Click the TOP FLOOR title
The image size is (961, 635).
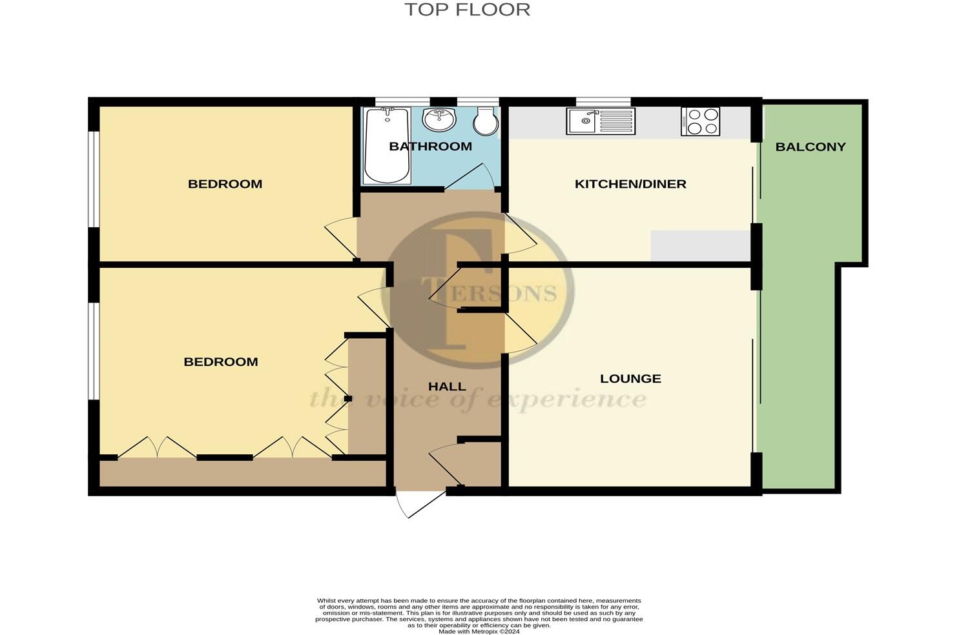click(x=467, y=10)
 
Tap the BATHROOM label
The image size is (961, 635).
click(x=430, y=146)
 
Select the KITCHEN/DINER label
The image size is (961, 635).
click(x=630, y=184)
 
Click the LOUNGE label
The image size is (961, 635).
click(x=630, y=379)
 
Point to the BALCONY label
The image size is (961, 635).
click(x=810, y=146)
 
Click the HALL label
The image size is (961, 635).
click(x=447, y=387)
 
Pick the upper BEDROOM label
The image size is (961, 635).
click(x=225, y=184)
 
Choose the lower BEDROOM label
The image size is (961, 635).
click(x=221, y=362)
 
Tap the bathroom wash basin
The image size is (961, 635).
click(x=439, y=119)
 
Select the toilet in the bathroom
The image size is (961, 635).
click(x=484, y=121)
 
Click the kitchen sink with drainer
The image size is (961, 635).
click(x=601, y=121)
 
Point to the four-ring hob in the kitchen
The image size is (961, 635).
click(x=700, y=121)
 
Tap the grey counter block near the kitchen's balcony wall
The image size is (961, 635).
click(x=700, y=246)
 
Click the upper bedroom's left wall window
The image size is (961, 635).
click(x=94, y=179)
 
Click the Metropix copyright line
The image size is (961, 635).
click(x=479, y=631)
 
